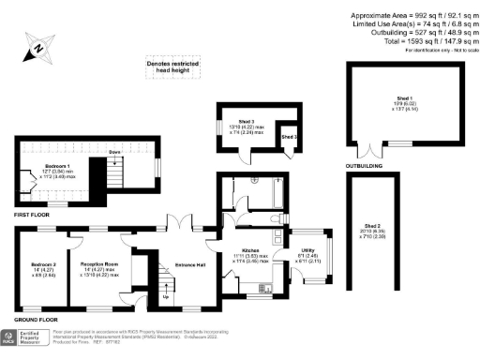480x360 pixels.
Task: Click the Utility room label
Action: (x=307, y=249)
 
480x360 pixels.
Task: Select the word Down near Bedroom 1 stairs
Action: (x=116, y=152)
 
